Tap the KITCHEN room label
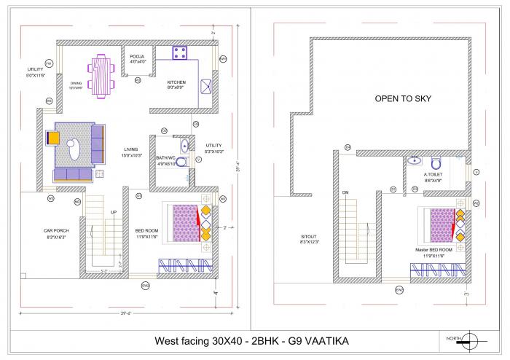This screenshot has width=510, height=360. [x=176, y=82]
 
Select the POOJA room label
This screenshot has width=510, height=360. [x=138, y=56]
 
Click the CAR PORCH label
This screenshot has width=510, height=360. [x=56, y=230]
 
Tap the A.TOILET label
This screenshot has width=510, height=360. [x=434, y=175]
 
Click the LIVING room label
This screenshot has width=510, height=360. [x=131, y=149]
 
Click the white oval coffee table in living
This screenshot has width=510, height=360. [x=74, y=149]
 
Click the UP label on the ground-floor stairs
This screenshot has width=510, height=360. [x=113, y=212]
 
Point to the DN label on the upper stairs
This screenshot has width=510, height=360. [x=345, y=192]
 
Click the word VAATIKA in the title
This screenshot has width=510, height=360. [x=330, y=340]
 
